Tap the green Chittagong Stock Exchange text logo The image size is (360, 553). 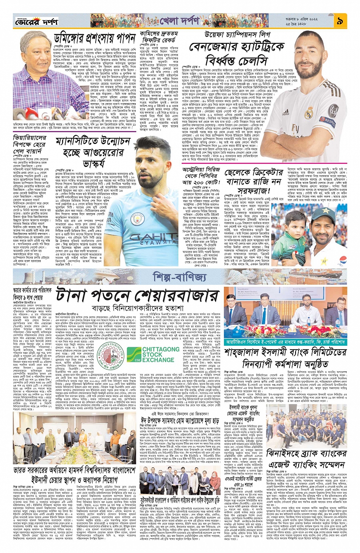(x=160, y=355)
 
